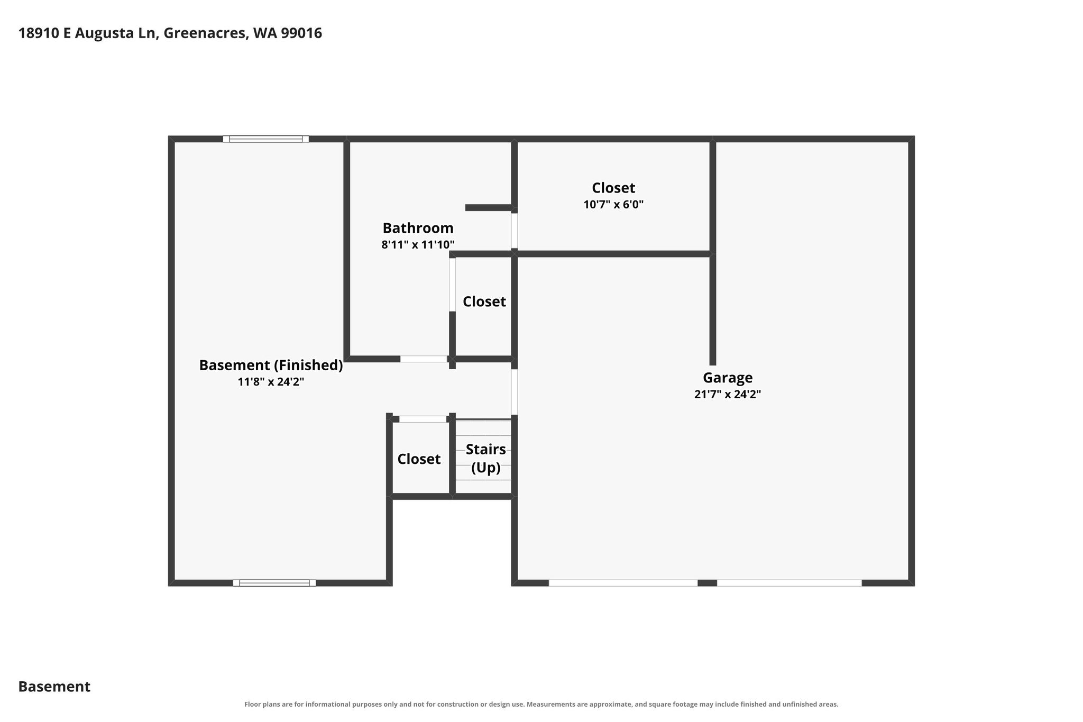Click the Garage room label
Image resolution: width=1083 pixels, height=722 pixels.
728,378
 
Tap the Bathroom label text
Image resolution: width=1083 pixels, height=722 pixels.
418,228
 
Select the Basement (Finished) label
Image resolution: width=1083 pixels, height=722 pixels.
271,365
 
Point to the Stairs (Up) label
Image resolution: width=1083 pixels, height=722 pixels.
485,459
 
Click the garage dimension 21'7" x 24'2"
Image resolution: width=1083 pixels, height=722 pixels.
728,394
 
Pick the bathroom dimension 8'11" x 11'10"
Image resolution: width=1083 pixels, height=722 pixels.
418,244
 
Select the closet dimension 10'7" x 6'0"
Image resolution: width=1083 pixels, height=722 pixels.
613,204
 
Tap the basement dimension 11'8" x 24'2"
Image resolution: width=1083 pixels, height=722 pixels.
271,381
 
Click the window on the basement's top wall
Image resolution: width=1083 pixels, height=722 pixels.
266,139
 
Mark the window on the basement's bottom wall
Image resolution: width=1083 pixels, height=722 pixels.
274,583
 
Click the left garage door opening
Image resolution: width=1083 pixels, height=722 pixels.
623,583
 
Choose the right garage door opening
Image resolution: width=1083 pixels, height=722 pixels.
789,583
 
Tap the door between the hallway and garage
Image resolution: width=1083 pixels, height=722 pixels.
514,392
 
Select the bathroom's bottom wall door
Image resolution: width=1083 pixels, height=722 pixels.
424,359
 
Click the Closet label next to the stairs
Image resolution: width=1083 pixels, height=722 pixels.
419,459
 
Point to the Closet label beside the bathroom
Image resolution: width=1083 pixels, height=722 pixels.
484,301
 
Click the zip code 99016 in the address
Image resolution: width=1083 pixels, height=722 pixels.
301,33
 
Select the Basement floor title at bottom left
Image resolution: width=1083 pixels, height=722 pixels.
54,687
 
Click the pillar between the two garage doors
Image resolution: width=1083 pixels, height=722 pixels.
708,583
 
